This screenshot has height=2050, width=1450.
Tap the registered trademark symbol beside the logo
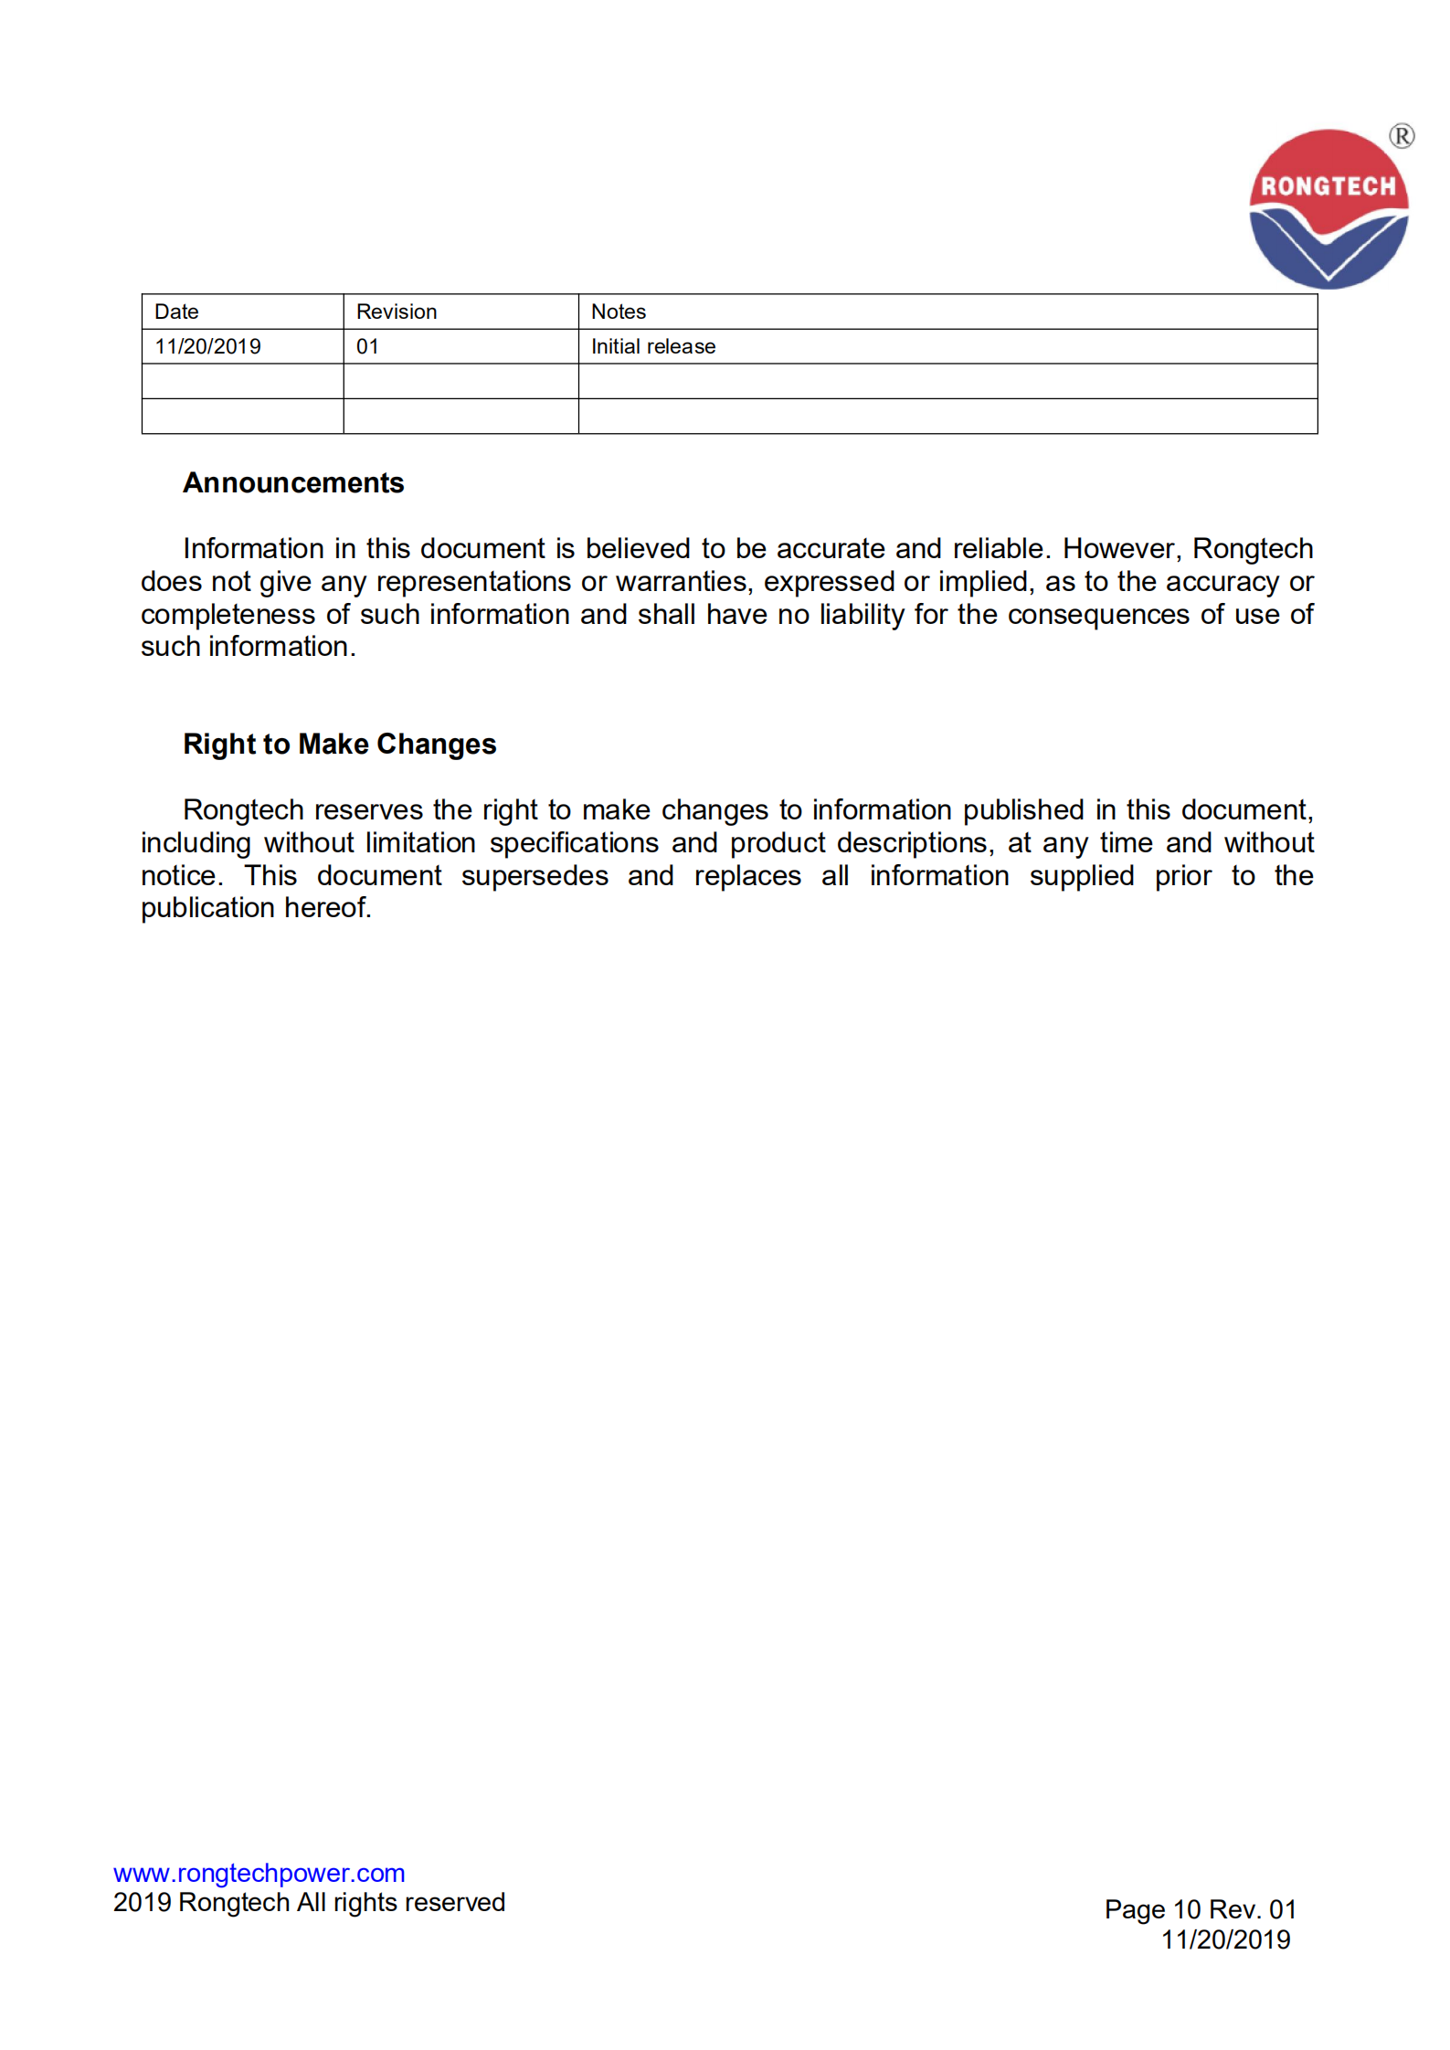click(x=1402, y=136)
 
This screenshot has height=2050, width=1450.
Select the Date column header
click(x=176, y=312)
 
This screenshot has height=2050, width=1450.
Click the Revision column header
click(x=397, y=312)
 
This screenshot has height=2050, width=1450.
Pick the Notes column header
click(x=619, y=312)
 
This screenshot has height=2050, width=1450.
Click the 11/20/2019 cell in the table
click(x=207, y=346)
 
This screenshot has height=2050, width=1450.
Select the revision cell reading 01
click(x=367, y=346)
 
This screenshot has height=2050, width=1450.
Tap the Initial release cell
click(x=653, y=346)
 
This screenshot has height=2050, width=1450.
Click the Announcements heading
click(x=293, y=482)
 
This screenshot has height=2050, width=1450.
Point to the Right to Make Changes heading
click(x=339, y=744)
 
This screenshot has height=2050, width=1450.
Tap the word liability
click(x=861, y=614)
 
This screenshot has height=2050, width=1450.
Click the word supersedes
click(x=534, y=875)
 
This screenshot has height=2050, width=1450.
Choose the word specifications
click(x=574, y=842)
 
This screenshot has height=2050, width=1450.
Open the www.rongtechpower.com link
click(x=259, y=1873)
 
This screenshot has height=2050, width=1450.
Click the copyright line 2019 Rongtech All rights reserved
click(x=309, y=1902)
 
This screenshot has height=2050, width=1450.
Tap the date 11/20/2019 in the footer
click(x=1225, y=1939)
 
